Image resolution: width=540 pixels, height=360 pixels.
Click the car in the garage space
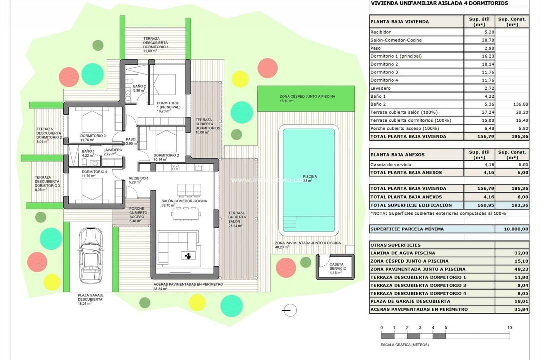coord(92,256)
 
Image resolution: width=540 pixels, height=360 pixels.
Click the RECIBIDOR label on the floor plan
coord(138,180)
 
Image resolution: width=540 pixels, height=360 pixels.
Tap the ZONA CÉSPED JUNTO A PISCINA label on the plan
coord(307,98)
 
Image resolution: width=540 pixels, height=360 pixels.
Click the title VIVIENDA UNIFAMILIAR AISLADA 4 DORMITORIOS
coord(439,3)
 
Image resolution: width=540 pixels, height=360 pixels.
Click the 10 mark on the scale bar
coord(509,328)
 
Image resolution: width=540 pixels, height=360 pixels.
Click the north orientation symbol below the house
coord(287,311)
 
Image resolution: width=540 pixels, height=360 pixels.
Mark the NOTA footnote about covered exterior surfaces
coord(438,213)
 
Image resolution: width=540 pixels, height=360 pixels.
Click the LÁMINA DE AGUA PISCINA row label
coord(403,253)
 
